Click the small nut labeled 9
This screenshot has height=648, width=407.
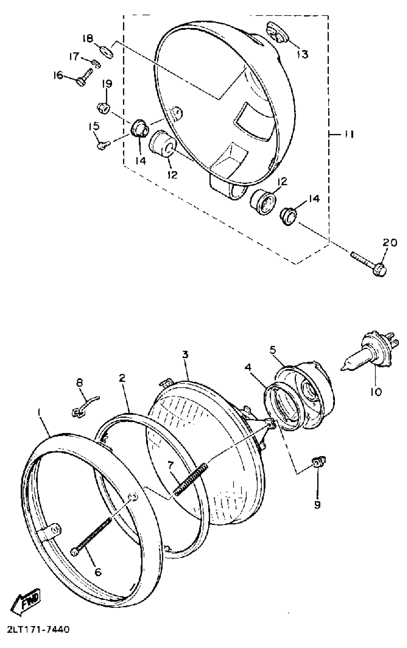point(318,463)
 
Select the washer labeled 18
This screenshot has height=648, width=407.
point(107,51)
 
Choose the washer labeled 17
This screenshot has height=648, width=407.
point(96,64)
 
